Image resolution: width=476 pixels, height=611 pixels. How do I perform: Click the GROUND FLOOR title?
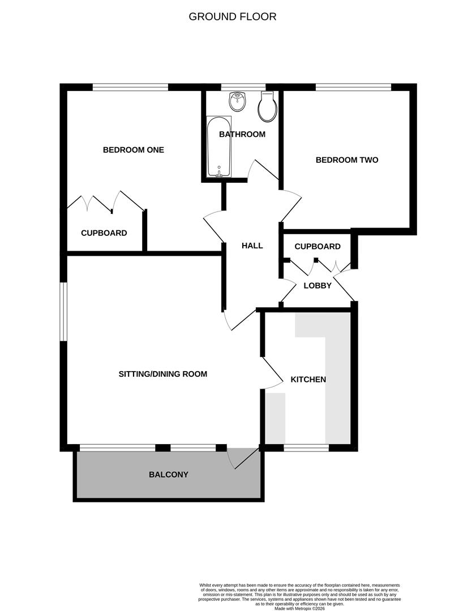232,16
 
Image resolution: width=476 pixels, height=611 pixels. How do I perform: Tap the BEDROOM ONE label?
133,150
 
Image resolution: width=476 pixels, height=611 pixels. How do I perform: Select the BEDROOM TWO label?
346,160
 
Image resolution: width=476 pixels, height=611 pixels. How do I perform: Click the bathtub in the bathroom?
218,147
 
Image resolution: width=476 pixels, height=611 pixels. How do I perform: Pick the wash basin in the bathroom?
237,102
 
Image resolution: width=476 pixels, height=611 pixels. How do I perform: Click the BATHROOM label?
242,135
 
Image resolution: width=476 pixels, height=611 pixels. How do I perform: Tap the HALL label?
252,246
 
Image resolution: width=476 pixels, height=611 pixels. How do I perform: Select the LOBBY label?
318,286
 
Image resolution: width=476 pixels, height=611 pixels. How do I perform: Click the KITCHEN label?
308,379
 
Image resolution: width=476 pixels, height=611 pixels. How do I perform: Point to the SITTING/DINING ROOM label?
162,374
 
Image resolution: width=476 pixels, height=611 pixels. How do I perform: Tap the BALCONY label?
168,475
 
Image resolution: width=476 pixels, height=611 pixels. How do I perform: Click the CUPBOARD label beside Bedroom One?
104,233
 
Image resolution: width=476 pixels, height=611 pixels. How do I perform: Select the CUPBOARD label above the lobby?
318,247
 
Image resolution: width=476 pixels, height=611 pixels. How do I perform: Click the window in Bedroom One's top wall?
130,87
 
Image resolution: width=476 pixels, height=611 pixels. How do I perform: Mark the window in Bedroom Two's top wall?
353,87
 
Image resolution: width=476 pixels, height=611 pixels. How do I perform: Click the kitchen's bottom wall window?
306,448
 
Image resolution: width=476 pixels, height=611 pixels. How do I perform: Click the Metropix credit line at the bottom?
301,608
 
